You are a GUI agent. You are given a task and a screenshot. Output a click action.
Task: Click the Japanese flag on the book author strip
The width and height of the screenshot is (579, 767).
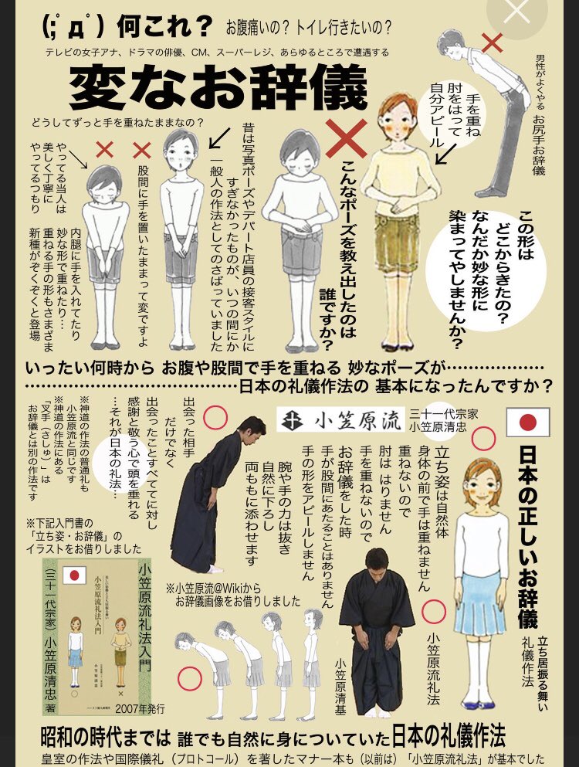point(76,575)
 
